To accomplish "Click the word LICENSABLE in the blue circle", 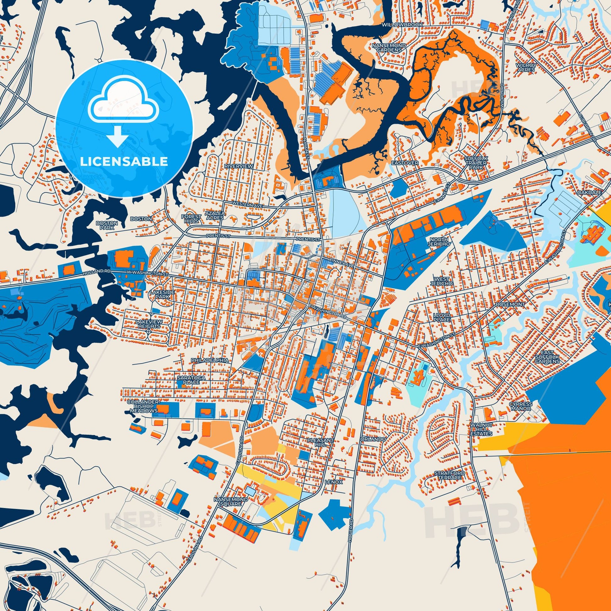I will [124, 162].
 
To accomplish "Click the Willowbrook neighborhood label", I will [402, 24].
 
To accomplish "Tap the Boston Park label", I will [107, 225].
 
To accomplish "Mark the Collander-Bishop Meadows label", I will [143, 406].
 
